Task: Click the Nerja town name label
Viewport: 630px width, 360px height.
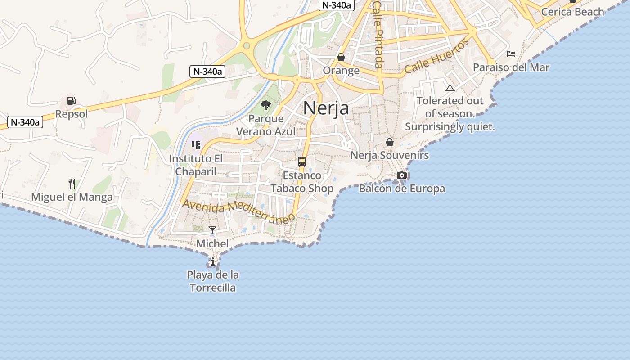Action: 326,108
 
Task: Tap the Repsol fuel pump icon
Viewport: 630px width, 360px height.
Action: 71,101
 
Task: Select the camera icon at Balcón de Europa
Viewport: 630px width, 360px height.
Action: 402,175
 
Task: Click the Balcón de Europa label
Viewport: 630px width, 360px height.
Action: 402,189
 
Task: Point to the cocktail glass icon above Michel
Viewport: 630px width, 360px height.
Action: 212,230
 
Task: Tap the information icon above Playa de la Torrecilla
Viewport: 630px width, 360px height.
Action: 212,261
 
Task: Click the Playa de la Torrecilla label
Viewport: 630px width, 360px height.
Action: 213,281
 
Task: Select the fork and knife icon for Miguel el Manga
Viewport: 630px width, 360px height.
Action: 72,184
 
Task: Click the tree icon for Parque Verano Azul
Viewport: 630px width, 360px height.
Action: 266,106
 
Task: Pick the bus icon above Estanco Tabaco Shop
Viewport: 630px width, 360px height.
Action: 302,162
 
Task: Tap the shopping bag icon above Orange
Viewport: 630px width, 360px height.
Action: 341,57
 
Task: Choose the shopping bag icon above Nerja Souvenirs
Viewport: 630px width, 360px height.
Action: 390,142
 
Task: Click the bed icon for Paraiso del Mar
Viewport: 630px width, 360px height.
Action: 511,54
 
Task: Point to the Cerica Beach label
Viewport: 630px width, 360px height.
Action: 572,12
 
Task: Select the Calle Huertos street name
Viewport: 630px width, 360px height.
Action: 436,57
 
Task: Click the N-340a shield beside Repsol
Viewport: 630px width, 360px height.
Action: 25,122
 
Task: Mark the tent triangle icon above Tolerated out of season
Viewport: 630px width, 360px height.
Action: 450,88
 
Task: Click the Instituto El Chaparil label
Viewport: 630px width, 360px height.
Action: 196,165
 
